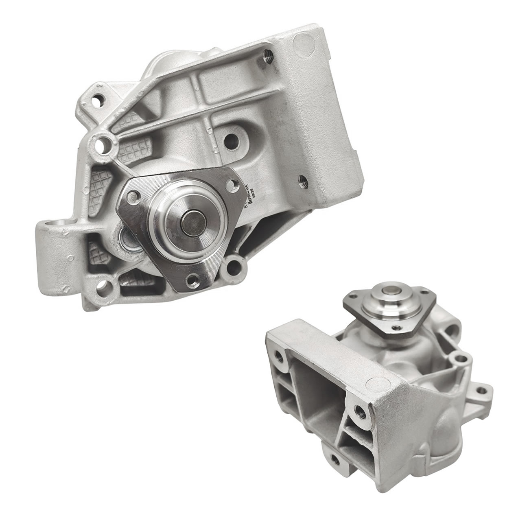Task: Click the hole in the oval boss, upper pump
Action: coord(230,141)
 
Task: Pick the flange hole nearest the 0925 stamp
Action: coord(232,184)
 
